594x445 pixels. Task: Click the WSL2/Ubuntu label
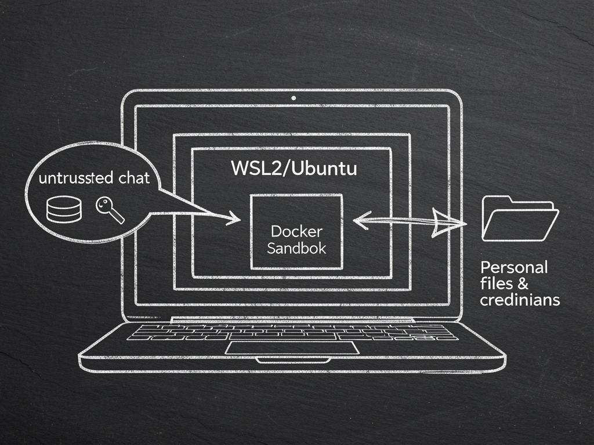294,169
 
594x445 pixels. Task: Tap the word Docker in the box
296,232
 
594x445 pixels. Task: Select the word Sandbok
296,249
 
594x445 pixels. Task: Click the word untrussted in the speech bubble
75,178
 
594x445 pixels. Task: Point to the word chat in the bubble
133,178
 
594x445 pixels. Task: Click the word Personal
514,268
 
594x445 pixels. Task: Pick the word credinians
520,300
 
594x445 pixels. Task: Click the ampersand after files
520,284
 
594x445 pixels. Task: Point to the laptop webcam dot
294,98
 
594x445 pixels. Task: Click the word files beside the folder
497,284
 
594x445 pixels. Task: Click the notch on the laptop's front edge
294,360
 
